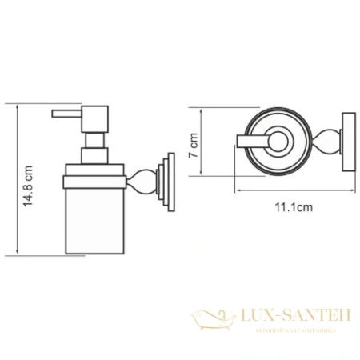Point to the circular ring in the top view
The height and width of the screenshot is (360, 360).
click(271, 144)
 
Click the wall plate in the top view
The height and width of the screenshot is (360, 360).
click(346, 143)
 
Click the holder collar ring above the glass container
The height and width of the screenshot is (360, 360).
click(93, 170)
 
